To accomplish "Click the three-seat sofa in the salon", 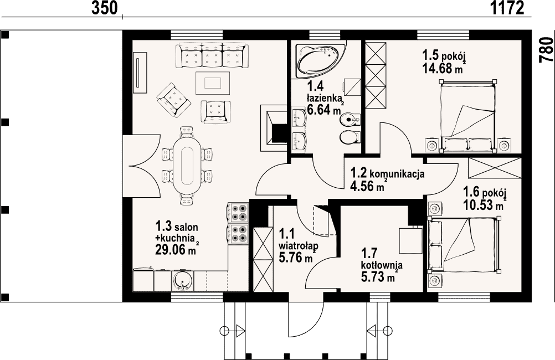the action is click(x=212, y=55).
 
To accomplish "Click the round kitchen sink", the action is click(x=182, y=280).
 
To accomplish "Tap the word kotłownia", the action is click(x=382, y=265).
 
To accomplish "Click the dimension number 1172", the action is click(x=507, y=8).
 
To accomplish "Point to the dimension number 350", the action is click(x=105, y=8).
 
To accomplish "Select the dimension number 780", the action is click(x=546, y=50).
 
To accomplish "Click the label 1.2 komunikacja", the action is click(x=387, y=173).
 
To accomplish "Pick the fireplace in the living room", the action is click(x=274, y=128).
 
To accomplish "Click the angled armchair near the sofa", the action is click(x=174, y=100).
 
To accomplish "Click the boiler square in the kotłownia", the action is click(x=410, y=240).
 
